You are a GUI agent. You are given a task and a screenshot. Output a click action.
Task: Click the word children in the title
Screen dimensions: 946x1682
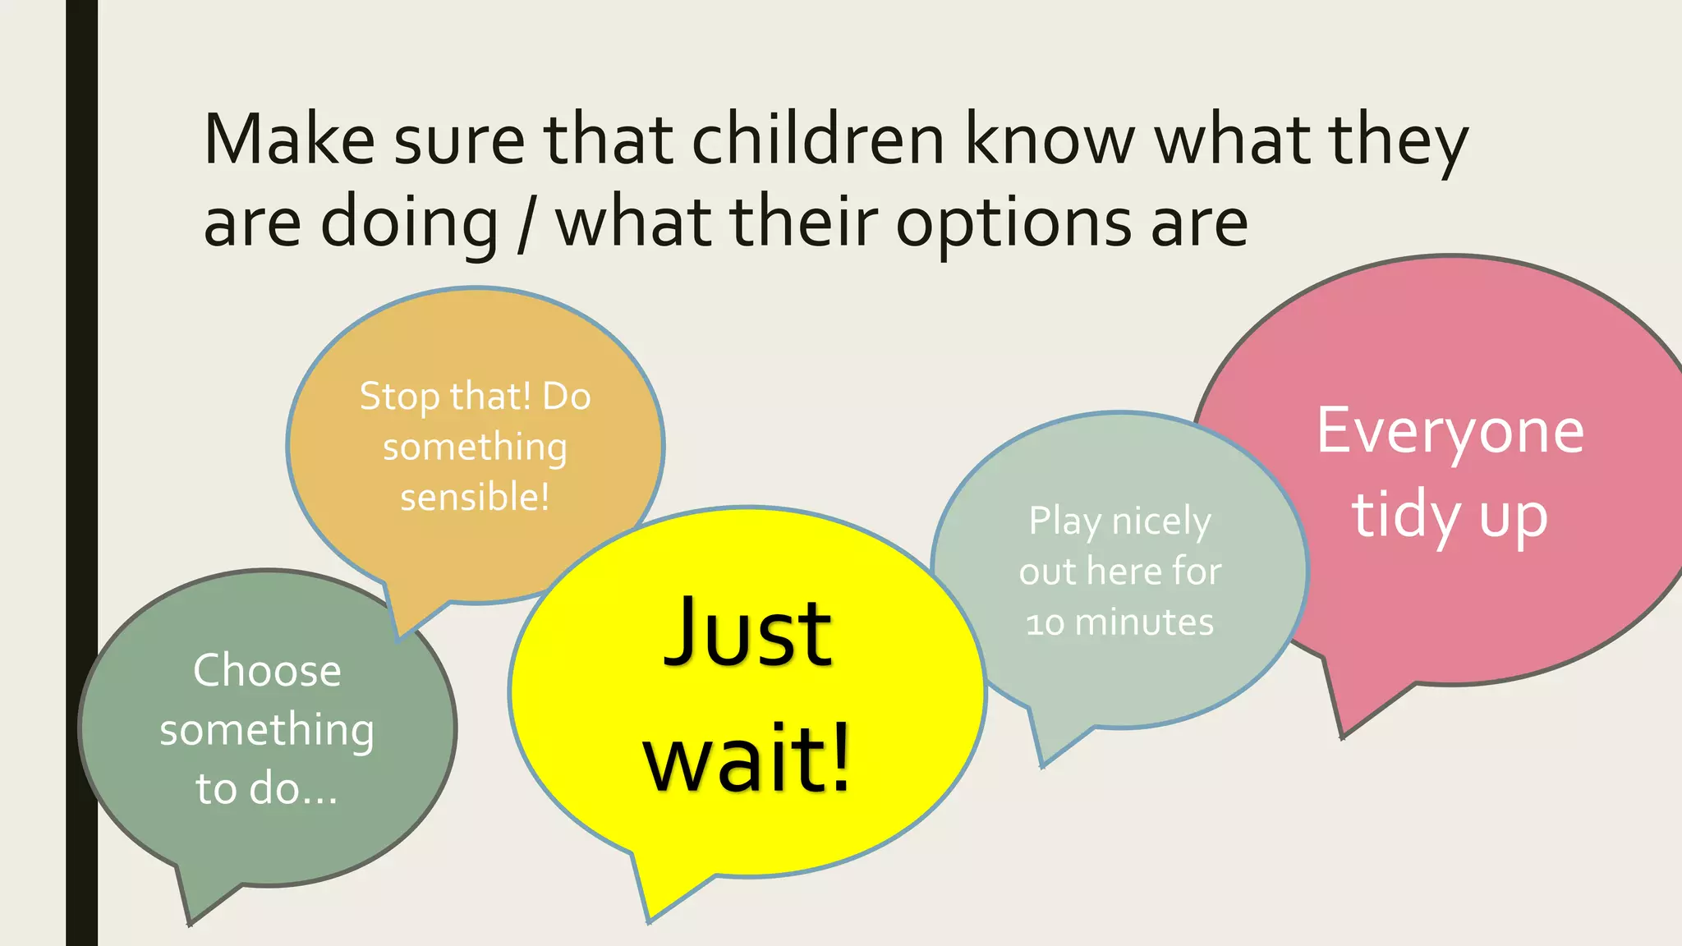pos(818,140)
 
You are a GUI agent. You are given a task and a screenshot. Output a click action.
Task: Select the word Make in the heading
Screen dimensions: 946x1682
pos(289,140)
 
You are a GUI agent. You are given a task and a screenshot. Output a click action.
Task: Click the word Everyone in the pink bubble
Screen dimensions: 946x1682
pos(1450,431)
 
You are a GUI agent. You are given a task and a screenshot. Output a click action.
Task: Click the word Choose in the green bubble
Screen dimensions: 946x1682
pos(267,670)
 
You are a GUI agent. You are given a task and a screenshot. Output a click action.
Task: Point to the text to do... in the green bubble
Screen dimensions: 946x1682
pos(267,788)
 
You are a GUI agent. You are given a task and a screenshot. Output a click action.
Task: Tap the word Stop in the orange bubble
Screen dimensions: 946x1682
pos(399,397)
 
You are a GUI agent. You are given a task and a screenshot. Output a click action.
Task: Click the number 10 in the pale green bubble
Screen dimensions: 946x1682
pos(1045,623)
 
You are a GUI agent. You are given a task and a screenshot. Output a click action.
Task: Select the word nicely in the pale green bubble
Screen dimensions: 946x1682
pos(1160,521)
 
